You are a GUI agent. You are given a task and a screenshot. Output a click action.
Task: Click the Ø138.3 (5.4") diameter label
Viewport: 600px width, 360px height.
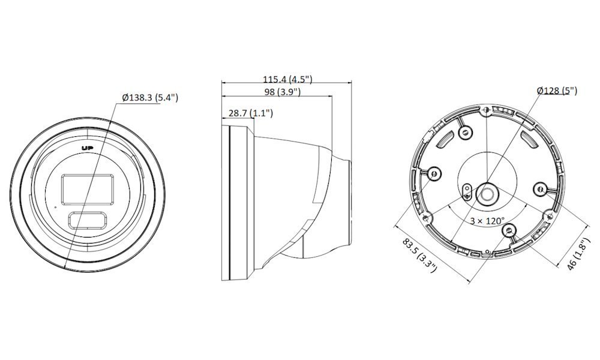150,98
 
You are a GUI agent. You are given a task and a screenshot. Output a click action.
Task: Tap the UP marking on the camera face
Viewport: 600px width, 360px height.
88,148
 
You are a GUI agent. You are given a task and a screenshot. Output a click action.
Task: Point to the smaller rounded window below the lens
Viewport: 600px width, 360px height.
87,221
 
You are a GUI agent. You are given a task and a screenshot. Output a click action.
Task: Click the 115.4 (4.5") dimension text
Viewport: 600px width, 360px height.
287,80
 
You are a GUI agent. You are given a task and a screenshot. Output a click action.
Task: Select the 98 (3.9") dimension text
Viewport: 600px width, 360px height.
283,92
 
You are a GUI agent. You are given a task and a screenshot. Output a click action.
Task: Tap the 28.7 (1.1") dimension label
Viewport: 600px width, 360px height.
251,113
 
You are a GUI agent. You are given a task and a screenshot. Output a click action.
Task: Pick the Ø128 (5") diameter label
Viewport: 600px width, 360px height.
557,91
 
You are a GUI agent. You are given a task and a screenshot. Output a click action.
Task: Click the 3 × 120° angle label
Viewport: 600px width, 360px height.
487,221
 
